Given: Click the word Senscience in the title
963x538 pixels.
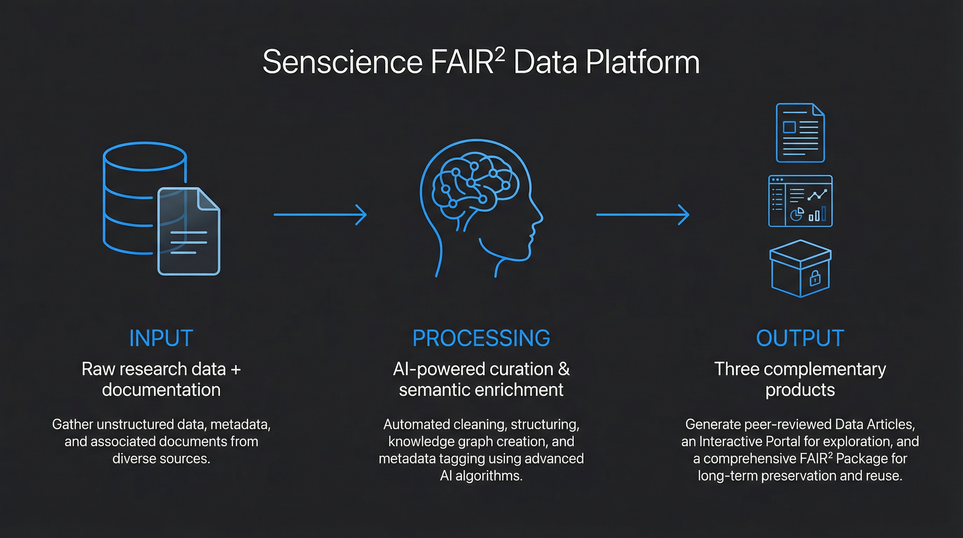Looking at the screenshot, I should point(342,62).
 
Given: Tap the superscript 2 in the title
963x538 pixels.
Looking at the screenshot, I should point(500,54).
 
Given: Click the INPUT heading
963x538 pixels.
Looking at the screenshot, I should point(161,338).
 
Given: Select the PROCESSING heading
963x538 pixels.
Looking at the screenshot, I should point(481,338).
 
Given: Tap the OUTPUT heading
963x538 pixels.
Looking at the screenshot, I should point(800,338).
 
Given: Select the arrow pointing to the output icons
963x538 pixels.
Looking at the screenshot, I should point(642,214).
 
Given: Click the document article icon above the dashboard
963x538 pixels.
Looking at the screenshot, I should point(800,133).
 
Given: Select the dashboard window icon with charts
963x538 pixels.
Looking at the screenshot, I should point(800,201).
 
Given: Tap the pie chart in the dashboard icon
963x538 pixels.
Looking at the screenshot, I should point(797,214).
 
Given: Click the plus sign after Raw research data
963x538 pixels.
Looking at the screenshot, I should point(236,369).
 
